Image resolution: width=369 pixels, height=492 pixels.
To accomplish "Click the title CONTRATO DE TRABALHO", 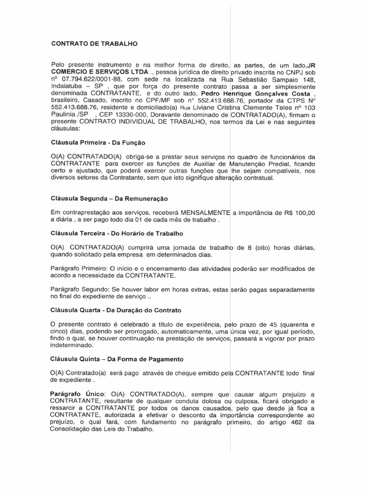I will point(94,43).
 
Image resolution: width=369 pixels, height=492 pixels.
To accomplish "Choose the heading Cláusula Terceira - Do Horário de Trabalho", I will point(117,234).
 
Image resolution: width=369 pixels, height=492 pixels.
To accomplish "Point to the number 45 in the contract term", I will point(279,324).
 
